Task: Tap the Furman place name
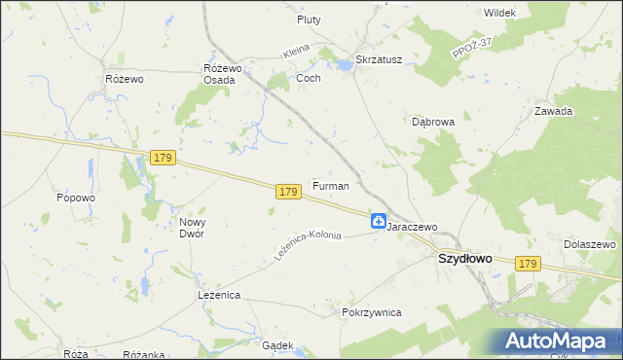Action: pos(330,185)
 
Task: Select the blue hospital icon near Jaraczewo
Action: pos(378,222)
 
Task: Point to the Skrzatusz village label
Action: pos(379,58)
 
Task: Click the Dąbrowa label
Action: pos(433,123)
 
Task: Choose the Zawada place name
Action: pos(553,111)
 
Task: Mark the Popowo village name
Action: pos(75,198)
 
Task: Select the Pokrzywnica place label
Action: pos(372,312)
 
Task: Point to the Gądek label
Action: pos(277,345)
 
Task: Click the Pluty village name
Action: pos(309,18)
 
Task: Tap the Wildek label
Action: pos(498,12)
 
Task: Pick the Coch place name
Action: pos(308,77)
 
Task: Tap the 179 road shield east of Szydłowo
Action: pos(528,264)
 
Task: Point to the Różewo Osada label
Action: pos(221,73)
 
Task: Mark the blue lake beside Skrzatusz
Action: pos(343,66)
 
